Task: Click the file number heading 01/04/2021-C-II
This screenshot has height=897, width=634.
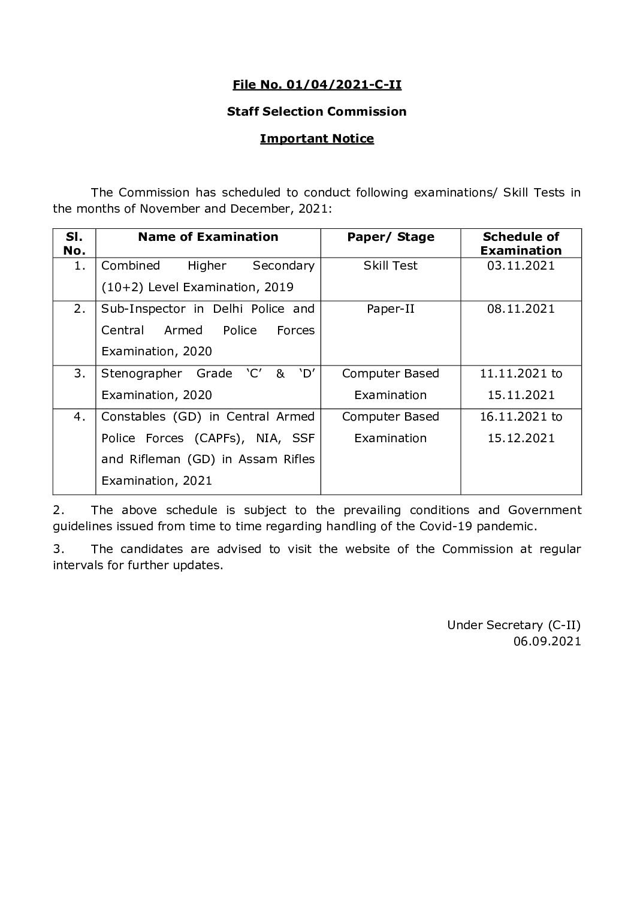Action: click(316, 84)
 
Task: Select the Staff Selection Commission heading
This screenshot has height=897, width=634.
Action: click(316, 111)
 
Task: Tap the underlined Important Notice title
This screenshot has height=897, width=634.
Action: click(316, 138)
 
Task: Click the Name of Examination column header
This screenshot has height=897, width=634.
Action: click(208, 237)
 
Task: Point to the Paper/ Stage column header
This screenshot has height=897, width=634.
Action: click(390, 237)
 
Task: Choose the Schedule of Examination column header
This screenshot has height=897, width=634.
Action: click(521, 243)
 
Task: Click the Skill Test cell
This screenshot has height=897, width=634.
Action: click(390, 265)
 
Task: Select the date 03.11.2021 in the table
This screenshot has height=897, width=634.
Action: click(521, 265)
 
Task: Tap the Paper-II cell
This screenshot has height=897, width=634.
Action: click(390, 309)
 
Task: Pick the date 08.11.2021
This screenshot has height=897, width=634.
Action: click(521, 309)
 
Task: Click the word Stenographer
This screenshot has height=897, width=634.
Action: click(141, 373)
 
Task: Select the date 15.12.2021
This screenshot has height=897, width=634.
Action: click(521, 438)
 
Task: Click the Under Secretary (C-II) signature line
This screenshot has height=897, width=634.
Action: click(514, 625)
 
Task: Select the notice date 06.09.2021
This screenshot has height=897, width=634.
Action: click(547, 641)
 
